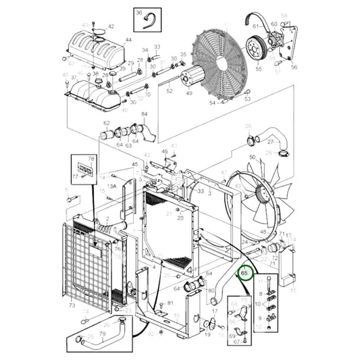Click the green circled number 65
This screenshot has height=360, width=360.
245,273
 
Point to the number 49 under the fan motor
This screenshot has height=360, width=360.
188,93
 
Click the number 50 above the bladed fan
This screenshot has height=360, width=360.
251,157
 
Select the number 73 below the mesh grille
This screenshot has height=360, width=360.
72,306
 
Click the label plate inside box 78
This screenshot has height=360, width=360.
86,166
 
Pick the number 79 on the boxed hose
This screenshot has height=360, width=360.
103,333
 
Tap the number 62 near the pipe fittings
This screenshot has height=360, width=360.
107,123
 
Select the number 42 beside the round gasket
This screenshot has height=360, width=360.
111,27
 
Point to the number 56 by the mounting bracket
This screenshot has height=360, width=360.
294,68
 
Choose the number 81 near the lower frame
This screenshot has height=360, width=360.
170,303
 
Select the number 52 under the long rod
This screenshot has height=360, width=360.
170,91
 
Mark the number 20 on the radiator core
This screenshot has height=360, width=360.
180,217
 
